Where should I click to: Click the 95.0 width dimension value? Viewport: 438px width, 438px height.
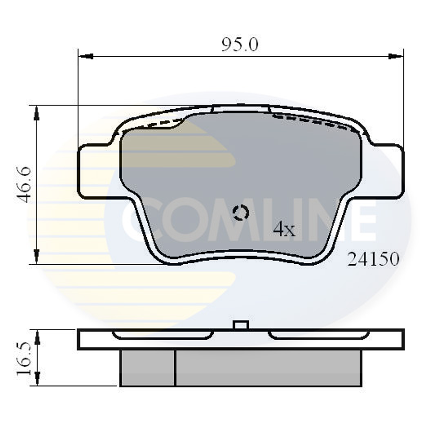coord(240,45)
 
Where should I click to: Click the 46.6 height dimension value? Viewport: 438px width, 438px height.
coord(25,184)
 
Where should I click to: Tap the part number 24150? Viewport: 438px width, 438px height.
coord(374,259)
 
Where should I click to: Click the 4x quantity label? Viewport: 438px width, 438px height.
coord(283,230)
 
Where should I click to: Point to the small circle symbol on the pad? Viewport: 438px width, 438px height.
coord(240,212)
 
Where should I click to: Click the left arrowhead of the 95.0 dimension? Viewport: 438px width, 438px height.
coord(85,56)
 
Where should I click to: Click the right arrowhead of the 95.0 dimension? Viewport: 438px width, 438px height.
coord(396,56)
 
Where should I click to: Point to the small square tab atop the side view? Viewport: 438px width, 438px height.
coord(240,325)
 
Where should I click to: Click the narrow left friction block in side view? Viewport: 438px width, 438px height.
coord(147,368)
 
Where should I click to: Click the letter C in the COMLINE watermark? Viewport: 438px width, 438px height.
coord(137,219)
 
